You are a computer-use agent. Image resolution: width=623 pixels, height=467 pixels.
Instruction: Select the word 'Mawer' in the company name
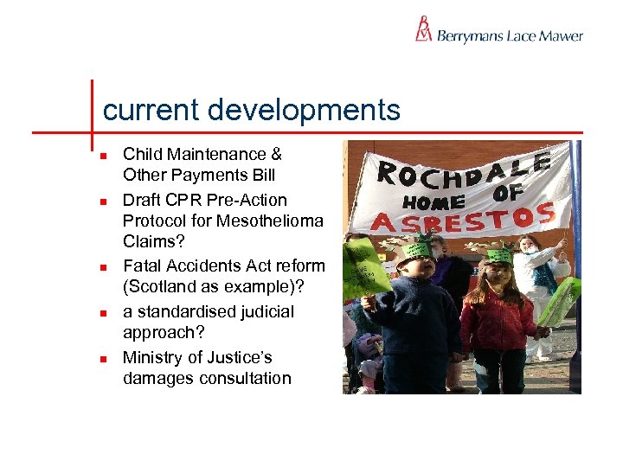pyautogui.click(x=561, y=36)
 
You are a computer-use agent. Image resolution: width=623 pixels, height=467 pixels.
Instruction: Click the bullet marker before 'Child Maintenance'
pyautogui.click(x=102, y=156)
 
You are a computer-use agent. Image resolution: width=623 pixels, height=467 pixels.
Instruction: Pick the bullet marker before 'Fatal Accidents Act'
pyautogui.click(x=102, y=267)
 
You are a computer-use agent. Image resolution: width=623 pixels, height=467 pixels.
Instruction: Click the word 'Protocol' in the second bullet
pyautogui.click(x=156, y=221)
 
